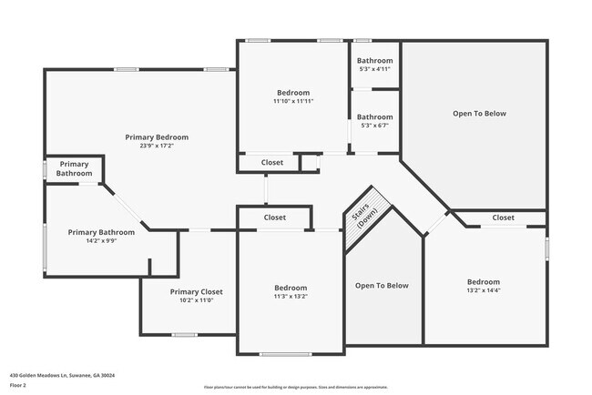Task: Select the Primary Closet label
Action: coord(196,291)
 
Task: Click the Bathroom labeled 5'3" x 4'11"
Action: coord(374,60)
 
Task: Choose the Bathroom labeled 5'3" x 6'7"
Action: coord(374,116)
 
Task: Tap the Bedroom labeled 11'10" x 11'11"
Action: coord(293,93)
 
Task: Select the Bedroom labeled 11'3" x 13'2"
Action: coord(291,288)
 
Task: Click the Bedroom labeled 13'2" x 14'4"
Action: coord(485,282)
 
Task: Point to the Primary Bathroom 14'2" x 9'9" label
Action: coord(101,232)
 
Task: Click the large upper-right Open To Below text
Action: coord(479,114)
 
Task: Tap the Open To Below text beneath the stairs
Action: coord(382,286)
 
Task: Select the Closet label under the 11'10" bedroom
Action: coord(272,163)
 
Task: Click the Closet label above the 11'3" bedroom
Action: coord(274,218)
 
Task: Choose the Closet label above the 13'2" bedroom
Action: coord(503,218)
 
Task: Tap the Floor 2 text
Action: coord(19,386)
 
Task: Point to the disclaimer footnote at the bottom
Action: coord(296,387)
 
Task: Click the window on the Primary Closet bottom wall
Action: coord(185,336)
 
